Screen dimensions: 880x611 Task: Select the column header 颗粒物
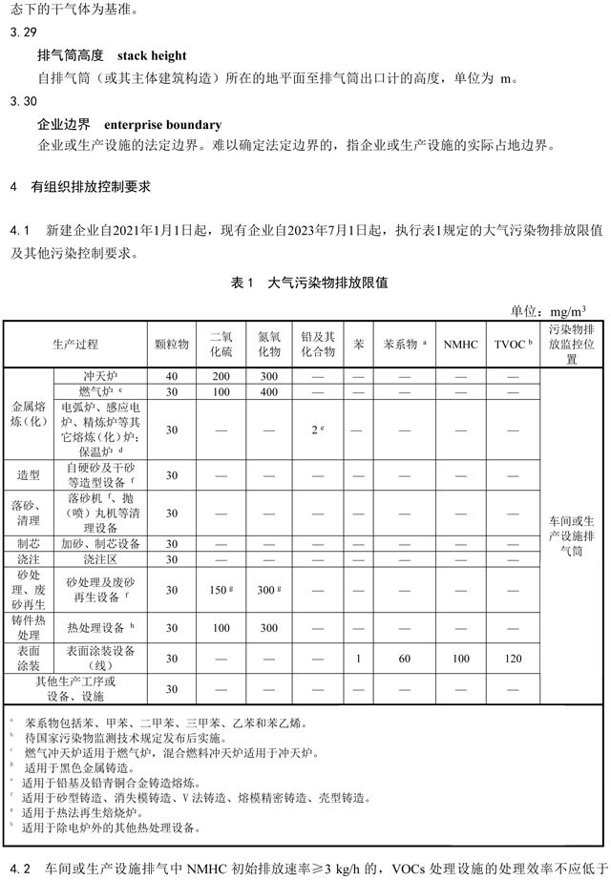click(x=172, y=344)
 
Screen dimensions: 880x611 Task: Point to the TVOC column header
click(x=513, y=344)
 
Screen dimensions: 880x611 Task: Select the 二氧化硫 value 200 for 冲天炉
click(x=221, y=376)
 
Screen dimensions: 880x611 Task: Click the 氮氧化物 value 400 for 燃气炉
click(x=269, y=391)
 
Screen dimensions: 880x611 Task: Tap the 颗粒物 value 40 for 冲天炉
click(x=172, y=376)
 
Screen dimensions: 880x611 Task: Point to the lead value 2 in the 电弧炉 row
click(x=318, y=430)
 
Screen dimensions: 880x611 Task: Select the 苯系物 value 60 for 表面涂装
click(x=405, y=659)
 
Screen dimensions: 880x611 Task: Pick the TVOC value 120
click(x=513, y=659)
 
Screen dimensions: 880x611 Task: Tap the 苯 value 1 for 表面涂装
click(x=357, y=659)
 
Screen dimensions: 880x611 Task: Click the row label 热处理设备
click(x=98, y=628)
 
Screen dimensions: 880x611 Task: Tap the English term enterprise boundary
click(x=162, y=124)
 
